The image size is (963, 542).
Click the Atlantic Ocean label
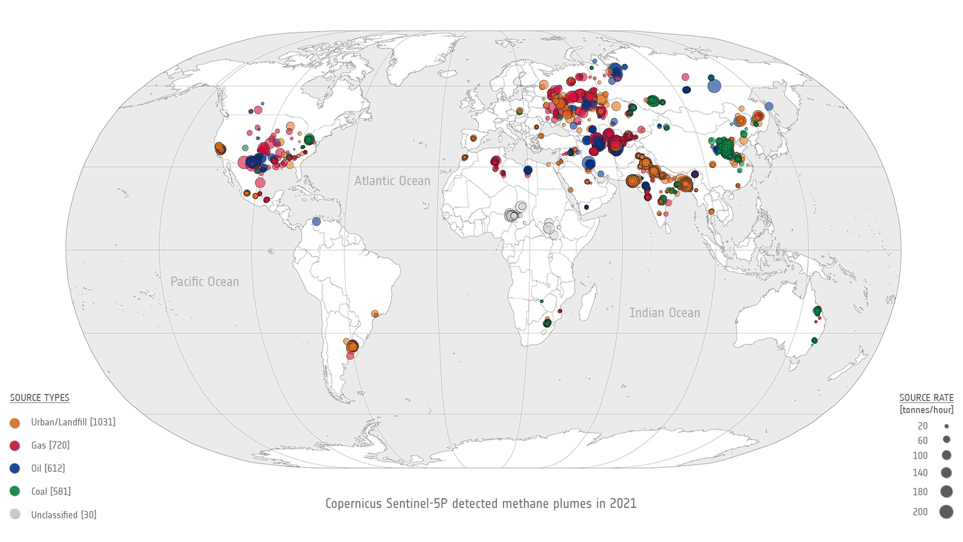click(392, 181)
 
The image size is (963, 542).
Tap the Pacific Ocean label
click(205, 282)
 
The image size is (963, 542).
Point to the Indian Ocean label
click(665, 313)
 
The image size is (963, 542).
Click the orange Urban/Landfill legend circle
click(15, 423)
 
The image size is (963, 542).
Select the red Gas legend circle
click(15, 446)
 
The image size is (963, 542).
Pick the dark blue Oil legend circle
click(15, 468)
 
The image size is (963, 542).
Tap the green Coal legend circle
click(15, 491)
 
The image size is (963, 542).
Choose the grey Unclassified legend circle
click(15, 514)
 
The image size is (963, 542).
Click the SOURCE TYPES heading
click(40, 397)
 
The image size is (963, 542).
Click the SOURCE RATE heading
click(926, 397)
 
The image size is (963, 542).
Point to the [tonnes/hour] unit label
click(926, 410)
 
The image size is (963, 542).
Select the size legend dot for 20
click(946, 426)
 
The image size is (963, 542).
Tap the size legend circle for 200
click(946, 512)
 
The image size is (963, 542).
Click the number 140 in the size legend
click(920, 473)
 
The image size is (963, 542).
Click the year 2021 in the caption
click(623, 503)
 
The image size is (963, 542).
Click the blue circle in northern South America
click(316, 221)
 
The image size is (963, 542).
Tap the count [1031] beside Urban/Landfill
click(103, 422)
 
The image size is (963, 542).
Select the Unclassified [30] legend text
click(64, 514)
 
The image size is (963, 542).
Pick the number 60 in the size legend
click(922, 441)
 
